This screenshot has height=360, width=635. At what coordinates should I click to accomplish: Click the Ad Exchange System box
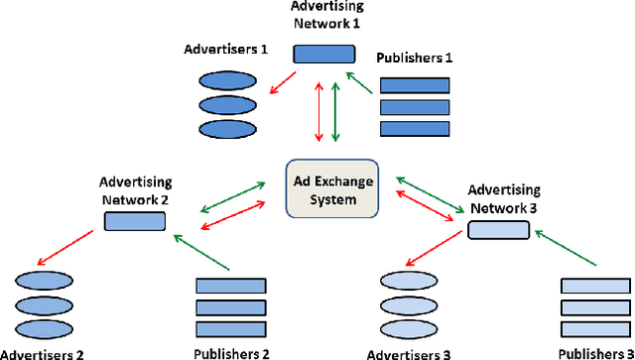click(333, 187)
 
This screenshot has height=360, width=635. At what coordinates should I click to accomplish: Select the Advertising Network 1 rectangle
click(323, 54)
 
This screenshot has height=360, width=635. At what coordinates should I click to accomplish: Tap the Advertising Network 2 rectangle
click(134, 221)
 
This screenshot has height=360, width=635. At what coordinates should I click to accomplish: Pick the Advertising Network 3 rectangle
click(498, 231)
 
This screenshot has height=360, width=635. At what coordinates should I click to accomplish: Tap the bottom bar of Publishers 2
click(231, 328)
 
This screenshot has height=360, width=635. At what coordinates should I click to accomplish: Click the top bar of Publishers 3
click(596, 286)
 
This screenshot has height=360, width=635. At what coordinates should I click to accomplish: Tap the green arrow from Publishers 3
click(569, 250)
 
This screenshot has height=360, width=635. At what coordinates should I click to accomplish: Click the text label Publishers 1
click(415, 59)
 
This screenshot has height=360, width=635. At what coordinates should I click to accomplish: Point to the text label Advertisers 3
click(410, 353)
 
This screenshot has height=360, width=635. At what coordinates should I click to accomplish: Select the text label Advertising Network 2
click(135, 190)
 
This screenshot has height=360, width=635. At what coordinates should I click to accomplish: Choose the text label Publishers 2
click(232, 353)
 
